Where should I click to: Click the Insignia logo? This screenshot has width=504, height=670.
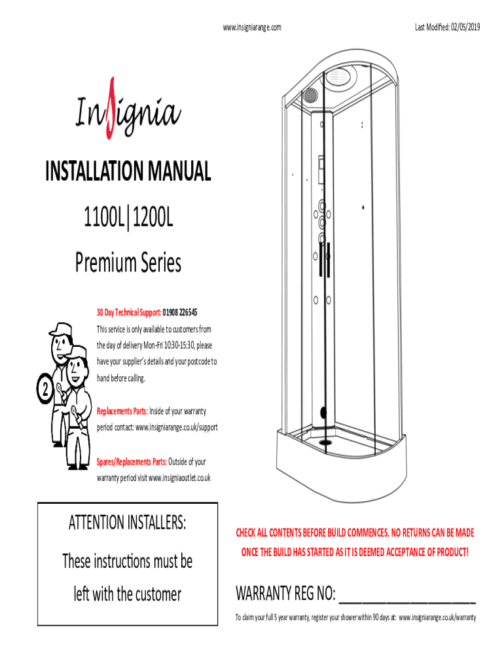click(x=128, y=109)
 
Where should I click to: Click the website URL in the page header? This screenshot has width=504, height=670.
click(x=252, y=27)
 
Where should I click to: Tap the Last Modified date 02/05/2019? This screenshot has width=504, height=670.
click(x=465, y=27)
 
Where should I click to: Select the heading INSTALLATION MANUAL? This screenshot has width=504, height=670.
click(x=128, y=171)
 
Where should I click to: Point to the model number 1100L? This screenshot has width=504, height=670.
click(x=104, y=217)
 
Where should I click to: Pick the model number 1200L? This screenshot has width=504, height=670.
click(x=153, y=217)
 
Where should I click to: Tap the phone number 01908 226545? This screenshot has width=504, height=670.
click(x=180, y=312)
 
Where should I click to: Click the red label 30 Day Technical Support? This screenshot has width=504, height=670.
click(x=129, y=312)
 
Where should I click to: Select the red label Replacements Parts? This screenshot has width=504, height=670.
click(x=122, y=411)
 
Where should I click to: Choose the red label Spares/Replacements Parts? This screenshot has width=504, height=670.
click(x=132, y=461)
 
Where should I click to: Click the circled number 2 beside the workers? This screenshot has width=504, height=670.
click(x=45, y=389)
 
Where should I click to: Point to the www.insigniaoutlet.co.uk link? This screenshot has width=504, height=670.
click(x=179, y=478)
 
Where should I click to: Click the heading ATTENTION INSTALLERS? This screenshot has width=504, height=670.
click(x=128, y=522)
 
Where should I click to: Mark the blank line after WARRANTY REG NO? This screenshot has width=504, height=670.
click(x=407, y=602)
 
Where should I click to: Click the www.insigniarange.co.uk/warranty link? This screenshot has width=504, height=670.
click(x=437, y=618)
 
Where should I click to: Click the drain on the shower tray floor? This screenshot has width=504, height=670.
click(x=326, y=442)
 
